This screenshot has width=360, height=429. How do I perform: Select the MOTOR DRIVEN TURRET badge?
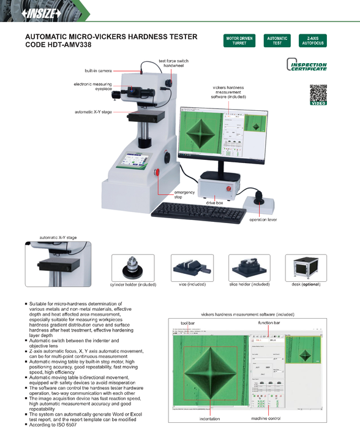239,41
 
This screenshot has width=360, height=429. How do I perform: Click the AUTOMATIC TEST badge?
277,41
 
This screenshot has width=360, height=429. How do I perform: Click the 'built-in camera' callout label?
98,71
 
